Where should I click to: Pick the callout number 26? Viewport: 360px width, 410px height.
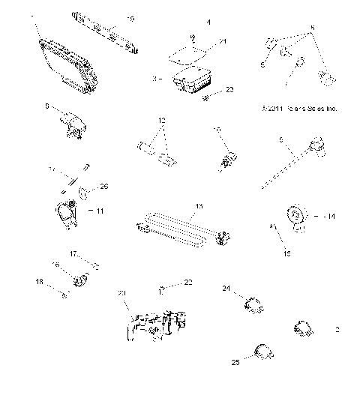pyautogui.click(x=103, y=187)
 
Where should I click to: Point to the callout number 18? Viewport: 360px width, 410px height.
pyautogui.click(x=39, y=283)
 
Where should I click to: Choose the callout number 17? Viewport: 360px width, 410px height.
pyautogui.click(x=74, y=254)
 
